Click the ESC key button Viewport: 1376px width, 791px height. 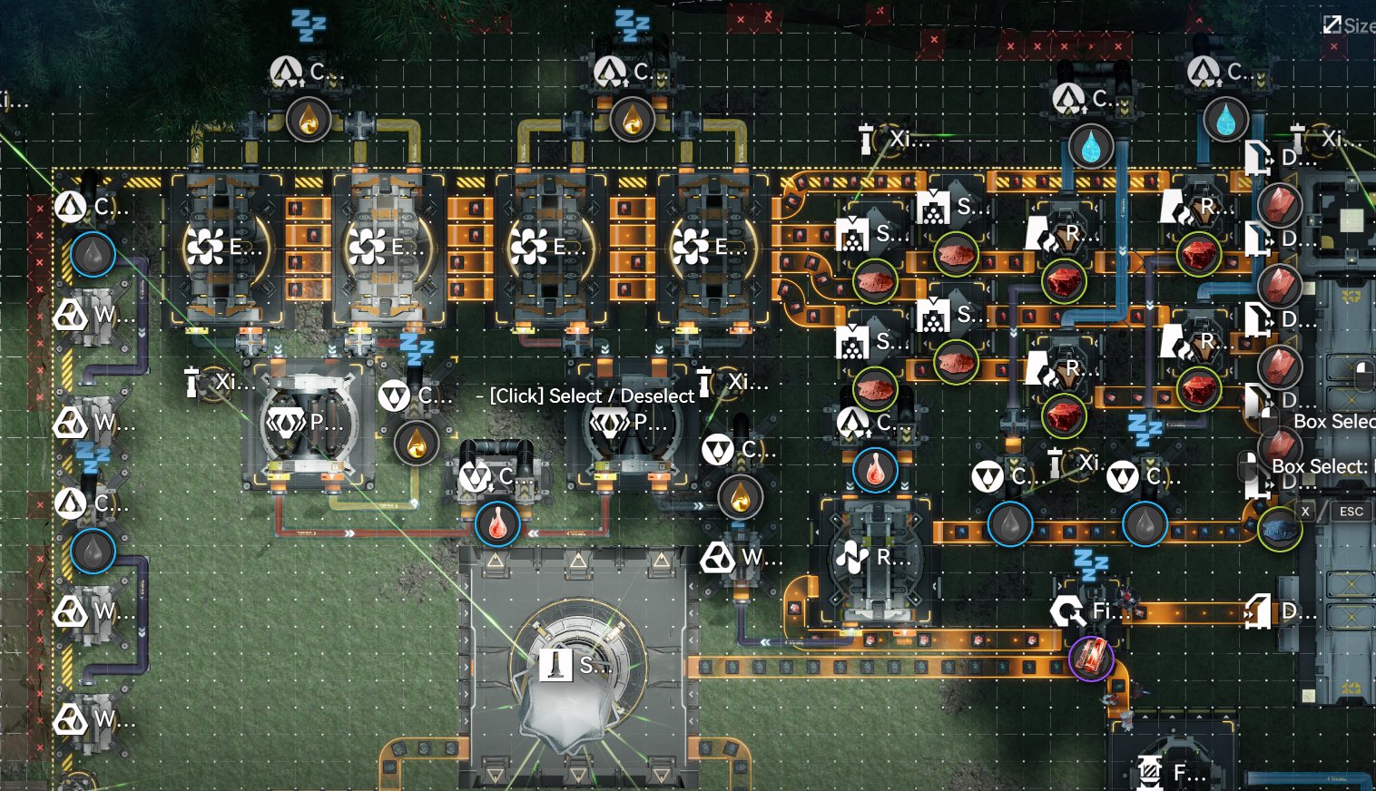click(1351, 512)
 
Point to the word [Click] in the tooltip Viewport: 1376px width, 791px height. click(516, 396)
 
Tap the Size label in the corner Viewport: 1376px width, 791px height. click(1358, 25)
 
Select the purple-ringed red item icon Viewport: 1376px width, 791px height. click(1091, 657)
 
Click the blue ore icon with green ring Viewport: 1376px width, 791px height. click(1280, 529)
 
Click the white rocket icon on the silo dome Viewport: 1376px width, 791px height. click(555, 665)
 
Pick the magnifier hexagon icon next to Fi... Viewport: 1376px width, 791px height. click(1067, 611)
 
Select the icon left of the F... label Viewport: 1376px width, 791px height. click(1149, 772)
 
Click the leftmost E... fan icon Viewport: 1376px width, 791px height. click(205, 247)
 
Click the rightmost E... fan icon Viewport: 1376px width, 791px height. click(692, 247)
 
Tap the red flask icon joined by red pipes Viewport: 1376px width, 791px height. click(497, 524)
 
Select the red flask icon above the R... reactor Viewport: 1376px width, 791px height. click(875, 470)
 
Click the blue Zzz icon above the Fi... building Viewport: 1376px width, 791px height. click(1090, 563)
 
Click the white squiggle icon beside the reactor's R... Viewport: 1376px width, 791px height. click(852, 557)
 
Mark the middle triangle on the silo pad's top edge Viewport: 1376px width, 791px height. click(578, 561)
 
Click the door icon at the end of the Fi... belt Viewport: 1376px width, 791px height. click(1258, 611)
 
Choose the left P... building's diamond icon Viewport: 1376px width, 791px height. click(284, 423)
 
